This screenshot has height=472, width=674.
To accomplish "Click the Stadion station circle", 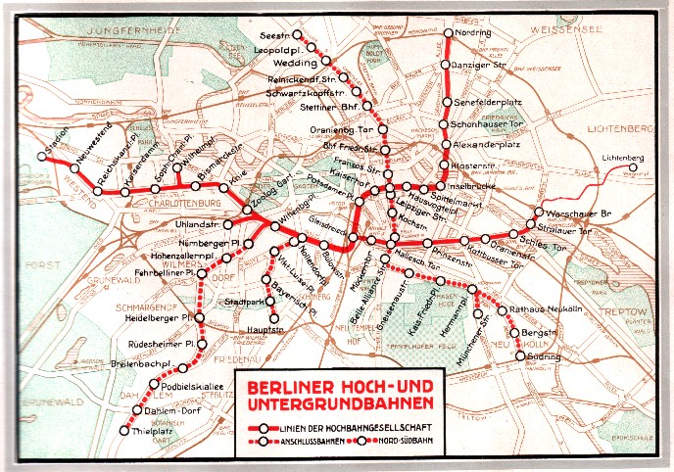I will [x=42, y=156].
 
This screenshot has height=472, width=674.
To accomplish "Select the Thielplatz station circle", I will [x=123, y=431].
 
